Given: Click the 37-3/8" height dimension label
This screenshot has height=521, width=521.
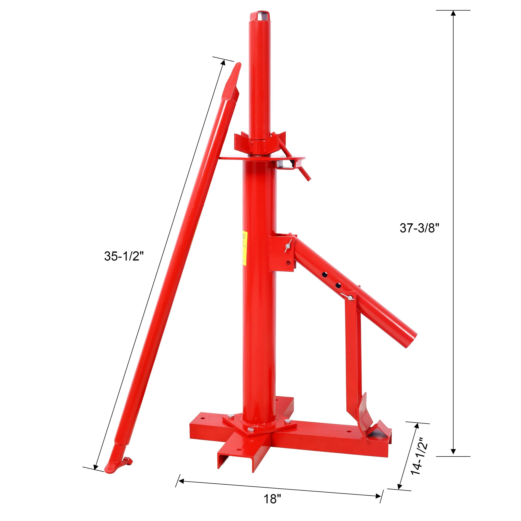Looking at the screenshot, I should pyautogui.click(x=419, y=228).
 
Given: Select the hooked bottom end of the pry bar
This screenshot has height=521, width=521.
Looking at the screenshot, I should pyautogui.click(x=119, y=464).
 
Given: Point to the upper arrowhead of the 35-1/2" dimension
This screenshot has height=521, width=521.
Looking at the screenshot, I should pyautogui.click(x=223, y=63).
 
